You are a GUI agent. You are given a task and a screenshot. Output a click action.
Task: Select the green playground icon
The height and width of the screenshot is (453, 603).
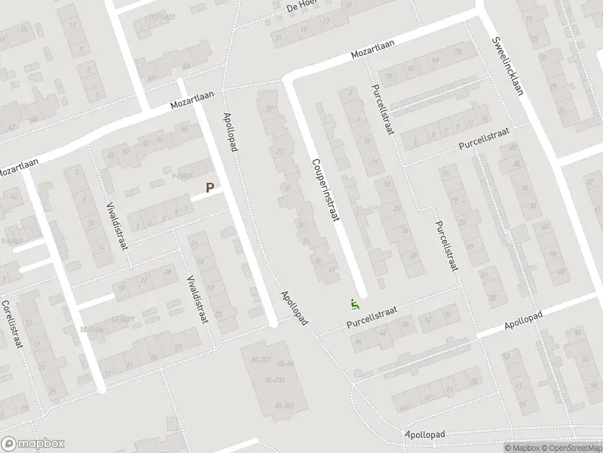click(x=354, y=305)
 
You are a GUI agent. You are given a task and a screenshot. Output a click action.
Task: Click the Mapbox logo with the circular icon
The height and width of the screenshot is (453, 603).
click(x=32, y=445)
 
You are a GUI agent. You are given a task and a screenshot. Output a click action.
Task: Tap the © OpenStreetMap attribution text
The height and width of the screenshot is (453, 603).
click(x=570, y=448)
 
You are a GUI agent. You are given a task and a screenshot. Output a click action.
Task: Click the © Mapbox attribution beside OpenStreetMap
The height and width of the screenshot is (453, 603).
click(x=521, y=448)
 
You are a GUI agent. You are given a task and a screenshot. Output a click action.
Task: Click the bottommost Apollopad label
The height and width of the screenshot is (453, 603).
click(x=425, y=435)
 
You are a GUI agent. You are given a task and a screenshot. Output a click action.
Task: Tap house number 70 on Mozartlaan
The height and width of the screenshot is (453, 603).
click(x=458, y=51)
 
